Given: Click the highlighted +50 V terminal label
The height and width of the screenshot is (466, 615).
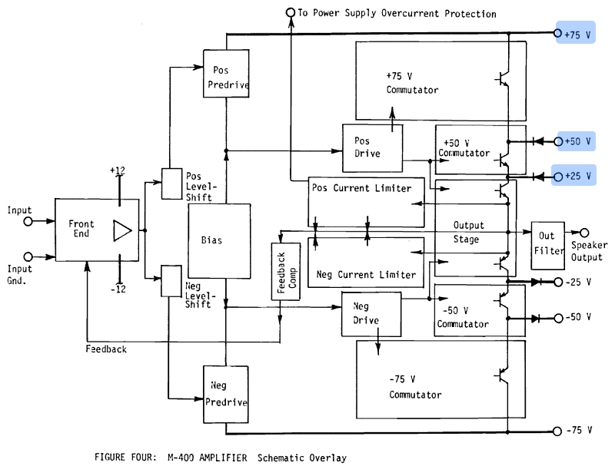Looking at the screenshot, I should [x=577, y=141].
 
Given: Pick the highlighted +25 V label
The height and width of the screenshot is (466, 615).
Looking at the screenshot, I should [x=577, y=177].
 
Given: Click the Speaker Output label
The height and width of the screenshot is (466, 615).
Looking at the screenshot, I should [x=589, y=252].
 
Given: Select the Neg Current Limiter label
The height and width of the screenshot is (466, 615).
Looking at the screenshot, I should [x=366, y=274].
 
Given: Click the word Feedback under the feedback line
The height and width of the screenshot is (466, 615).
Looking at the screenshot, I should [x=106, y=349].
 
